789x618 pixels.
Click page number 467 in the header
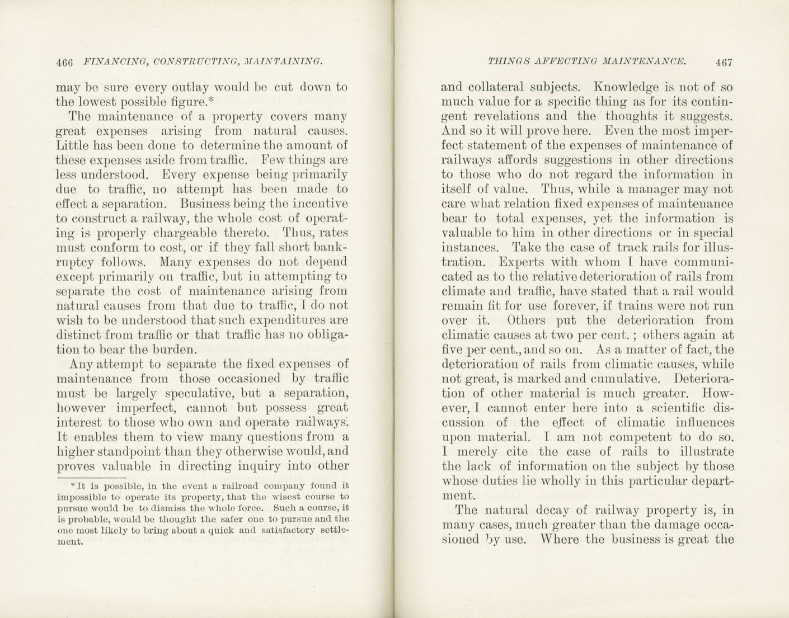point(724,62)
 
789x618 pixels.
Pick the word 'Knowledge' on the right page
point(627,87)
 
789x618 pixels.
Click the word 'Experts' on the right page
point(520,262)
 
